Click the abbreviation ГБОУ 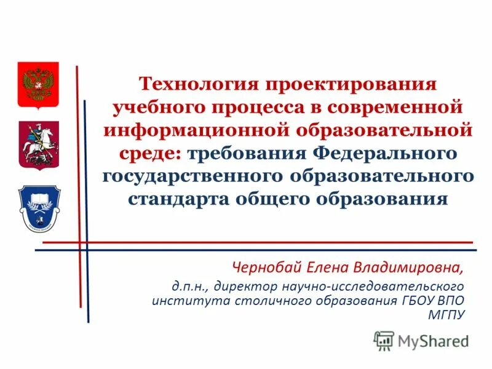pyautogui.click(x=415, y=301)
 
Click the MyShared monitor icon pyautogui.click(x=384, y=340)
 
